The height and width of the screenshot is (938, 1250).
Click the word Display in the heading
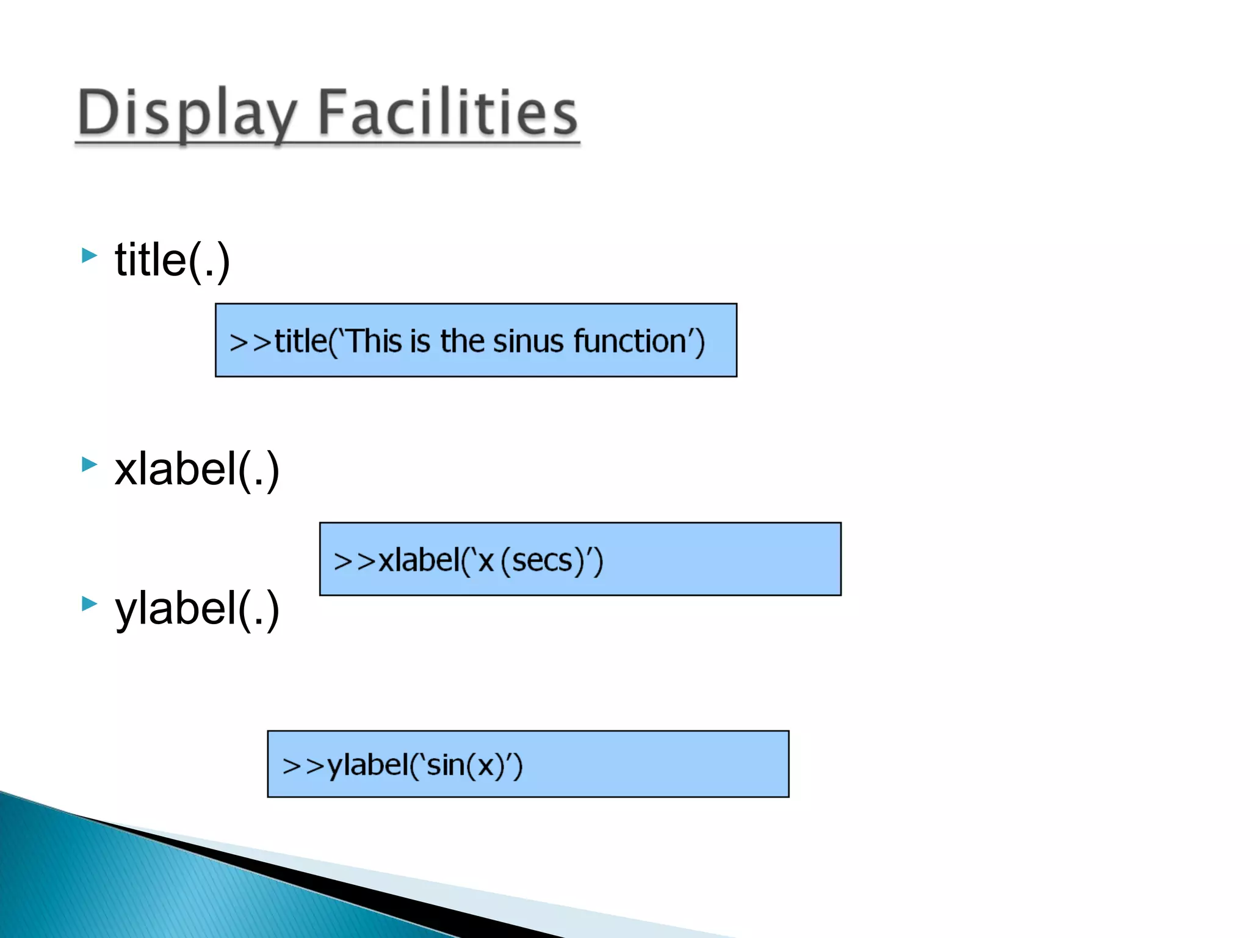pos(186,113)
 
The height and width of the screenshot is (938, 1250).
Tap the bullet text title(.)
pos(172,260)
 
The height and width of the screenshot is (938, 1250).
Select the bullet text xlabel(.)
pos(197,469)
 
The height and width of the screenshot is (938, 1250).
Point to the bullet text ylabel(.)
pos(197,608)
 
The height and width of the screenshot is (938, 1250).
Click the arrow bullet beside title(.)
pos(89,255)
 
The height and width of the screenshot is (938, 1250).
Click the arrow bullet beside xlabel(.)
pos(89,464)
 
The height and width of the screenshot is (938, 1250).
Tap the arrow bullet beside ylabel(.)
pos(89,603)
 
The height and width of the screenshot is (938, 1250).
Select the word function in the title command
pos(630,341)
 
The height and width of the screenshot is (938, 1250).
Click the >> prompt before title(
pos(250,342)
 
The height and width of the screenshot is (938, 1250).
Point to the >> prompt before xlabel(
pos(355,561)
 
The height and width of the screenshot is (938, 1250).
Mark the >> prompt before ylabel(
pos(303,766)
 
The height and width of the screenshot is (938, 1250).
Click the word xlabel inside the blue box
pos(419,560)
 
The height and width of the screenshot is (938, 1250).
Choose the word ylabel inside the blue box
pos(367,765)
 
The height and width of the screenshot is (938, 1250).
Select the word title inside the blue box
pos(301,341)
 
